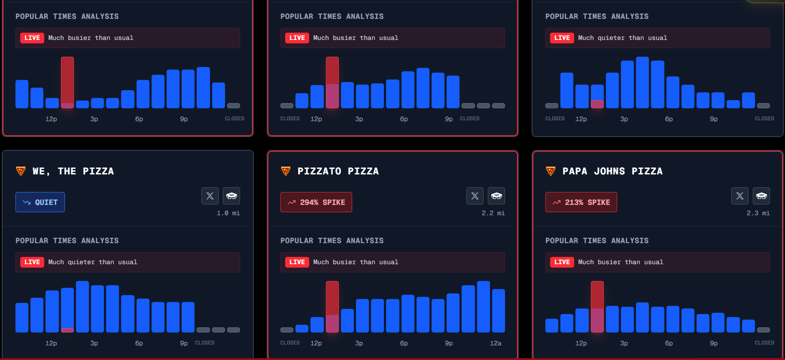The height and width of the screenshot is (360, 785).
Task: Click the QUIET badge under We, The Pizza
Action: tap(40, 202)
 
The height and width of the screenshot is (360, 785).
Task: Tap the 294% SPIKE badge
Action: tap(316, 202)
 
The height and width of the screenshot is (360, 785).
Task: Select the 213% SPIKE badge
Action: tap(581, 202)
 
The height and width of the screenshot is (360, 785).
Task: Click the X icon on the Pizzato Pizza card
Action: tap(475, 196)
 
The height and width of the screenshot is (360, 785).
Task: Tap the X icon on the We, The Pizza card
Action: tap(210, 196)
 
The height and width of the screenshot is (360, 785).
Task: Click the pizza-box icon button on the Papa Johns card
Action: tap(761, 196)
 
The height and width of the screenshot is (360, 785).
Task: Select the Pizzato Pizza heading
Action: tap(338, 171)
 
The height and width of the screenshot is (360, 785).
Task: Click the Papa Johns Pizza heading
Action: tap(612, 171)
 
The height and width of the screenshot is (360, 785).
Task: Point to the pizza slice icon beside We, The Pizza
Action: tap(21, 171)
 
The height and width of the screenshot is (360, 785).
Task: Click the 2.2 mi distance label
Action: tap(493, 213)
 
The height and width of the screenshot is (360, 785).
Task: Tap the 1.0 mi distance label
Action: tap(228, 213)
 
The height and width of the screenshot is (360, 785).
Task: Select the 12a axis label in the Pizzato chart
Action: tap(496, 343)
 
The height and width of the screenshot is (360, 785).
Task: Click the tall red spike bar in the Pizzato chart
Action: tap(332, 301)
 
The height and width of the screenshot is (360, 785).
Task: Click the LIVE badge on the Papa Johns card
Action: tap(562, 262)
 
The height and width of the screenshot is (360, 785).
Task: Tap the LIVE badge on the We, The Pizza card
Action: tap(32, 262)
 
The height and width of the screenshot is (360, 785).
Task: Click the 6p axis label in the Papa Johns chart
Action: tap(669, 343)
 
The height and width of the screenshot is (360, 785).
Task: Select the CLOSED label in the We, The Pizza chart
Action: tap(204, 343)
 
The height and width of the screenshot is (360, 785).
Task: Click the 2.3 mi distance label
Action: tap(758, 213)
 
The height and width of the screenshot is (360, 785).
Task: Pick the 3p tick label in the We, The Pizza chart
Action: tap(94, 343)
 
